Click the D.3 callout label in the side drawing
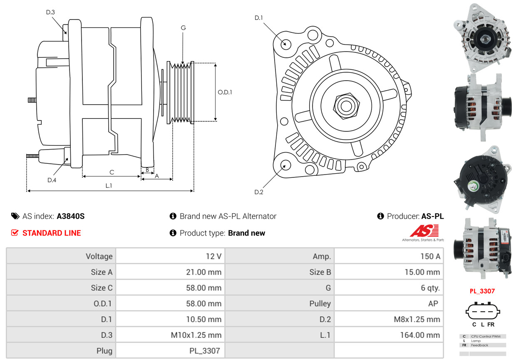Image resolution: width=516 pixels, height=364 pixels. pyautogui.click(x=50, y=12)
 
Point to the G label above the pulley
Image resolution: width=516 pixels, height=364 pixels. pyautogui.click(x=183, y=28)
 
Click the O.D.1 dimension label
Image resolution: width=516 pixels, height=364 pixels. pyautogui.click(x=225, y=92)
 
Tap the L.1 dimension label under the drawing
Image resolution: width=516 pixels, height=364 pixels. pyautogui.click(x=109, y=186)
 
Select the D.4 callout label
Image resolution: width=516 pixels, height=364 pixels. pyautogui.click(x=52, y=180)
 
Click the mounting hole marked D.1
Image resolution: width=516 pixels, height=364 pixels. pyautogui.click(x=285, y=44)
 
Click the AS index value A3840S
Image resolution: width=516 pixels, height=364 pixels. pyautogui.click(x=71, y=216)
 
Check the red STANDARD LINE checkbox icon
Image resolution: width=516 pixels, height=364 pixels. pyautogui.click(x=15, y=233)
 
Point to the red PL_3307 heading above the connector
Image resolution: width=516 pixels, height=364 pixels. pyautogui.click(x=482, y=291)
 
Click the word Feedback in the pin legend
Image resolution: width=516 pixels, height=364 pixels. pyautogui.click(x=479, y=345)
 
